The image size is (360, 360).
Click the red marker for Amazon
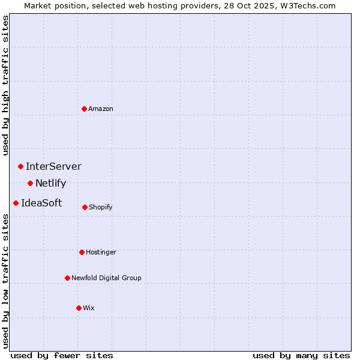click(84, 109)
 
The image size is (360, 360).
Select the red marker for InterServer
click(20, 166)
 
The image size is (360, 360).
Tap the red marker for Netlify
click(30, 183)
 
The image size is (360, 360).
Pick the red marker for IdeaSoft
click(16, 203)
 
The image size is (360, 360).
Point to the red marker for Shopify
click(85, 207)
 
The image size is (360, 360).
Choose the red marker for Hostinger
click(82, 252)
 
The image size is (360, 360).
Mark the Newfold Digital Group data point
click(67, 278)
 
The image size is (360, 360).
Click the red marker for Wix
click(79, 308)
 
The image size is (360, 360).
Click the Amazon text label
click(101, 109)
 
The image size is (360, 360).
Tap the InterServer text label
click(53, 166)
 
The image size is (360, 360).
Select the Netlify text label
click(50, 183)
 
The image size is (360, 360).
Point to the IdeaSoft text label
click(41, 203)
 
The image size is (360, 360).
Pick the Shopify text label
click(101, 207)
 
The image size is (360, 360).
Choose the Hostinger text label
click(101, 252)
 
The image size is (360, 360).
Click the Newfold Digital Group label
click(106, 278)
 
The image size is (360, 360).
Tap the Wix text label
click(89, 308)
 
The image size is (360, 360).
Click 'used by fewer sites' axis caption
click(62, 355)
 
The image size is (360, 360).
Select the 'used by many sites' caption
click(301, 355)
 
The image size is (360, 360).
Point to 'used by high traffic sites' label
click(5, 85)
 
